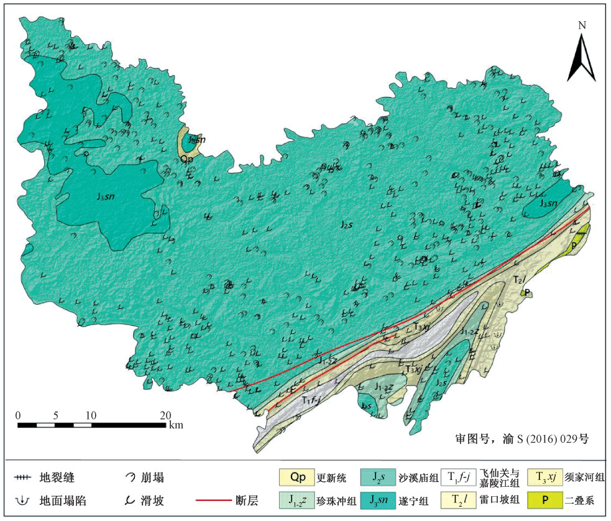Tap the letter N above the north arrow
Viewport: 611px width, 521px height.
(x=582, y=25)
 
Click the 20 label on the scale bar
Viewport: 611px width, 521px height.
(x=165, y=415)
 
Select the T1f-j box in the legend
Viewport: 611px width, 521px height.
(x=457, y=477)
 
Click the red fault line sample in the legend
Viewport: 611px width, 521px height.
(x=213, y=500)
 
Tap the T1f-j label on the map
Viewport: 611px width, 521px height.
(x=311, y=400)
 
